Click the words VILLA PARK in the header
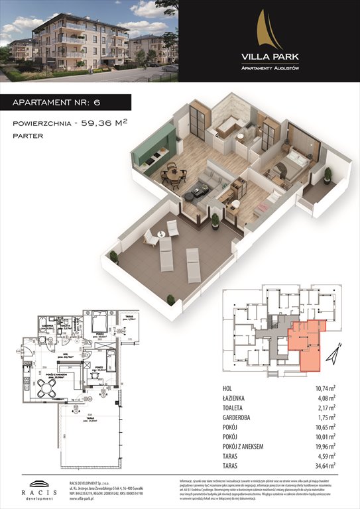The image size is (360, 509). [269, 57]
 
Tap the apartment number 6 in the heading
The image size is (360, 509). [113, 102]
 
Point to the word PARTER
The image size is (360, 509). [27, 136]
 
